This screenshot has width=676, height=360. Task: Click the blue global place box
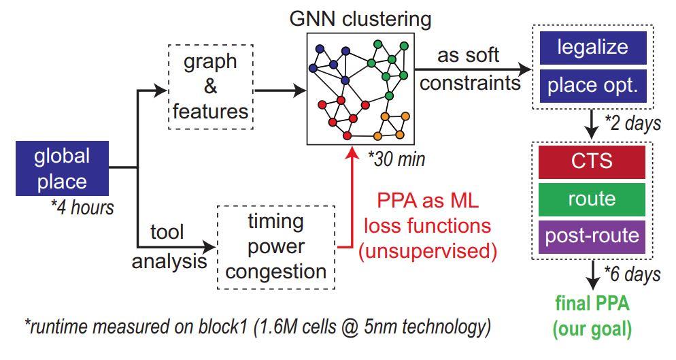[63, 169]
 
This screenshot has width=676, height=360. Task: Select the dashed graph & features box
[211, 86]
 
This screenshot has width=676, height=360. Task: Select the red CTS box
[592, 162]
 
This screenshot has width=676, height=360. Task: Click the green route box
[592, 199]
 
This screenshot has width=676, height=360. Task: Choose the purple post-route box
[592, 235]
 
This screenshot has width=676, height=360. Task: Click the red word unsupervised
[428, 250]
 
